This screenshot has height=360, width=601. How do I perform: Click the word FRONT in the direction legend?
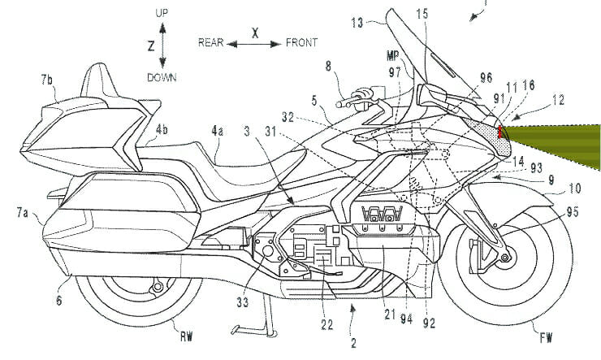(301, 42)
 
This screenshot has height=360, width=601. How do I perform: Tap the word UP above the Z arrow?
(163, 14)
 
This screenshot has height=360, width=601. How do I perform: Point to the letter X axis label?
(255, 33)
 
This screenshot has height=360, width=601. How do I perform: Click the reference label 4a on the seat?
(218, 129)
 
